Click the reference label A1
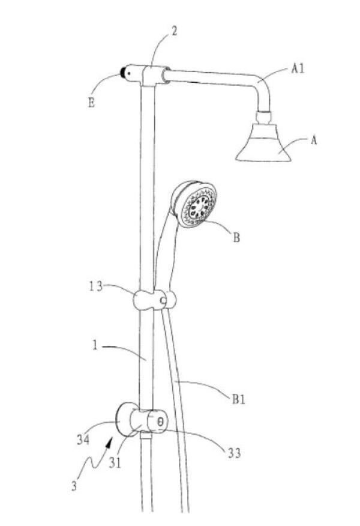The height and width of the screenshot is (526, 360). point(298,69)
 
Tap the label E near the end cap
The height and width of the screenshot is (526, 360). point(91,102)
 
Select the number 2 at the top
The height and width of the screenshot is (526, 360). point(174,31)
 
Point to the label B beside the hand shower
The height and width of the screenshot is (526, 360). point(236,238)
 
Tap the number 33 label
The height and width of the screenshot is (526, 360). point(235,453)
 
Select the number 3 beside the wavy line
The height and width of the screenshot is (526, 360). point(74,485)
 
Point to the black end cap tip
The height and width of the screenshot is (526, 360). point(124,73)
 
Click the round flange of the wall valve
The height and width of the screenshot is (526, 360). point(125,418)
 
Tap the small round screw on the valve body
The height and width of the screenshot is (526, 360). point(160,421)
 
